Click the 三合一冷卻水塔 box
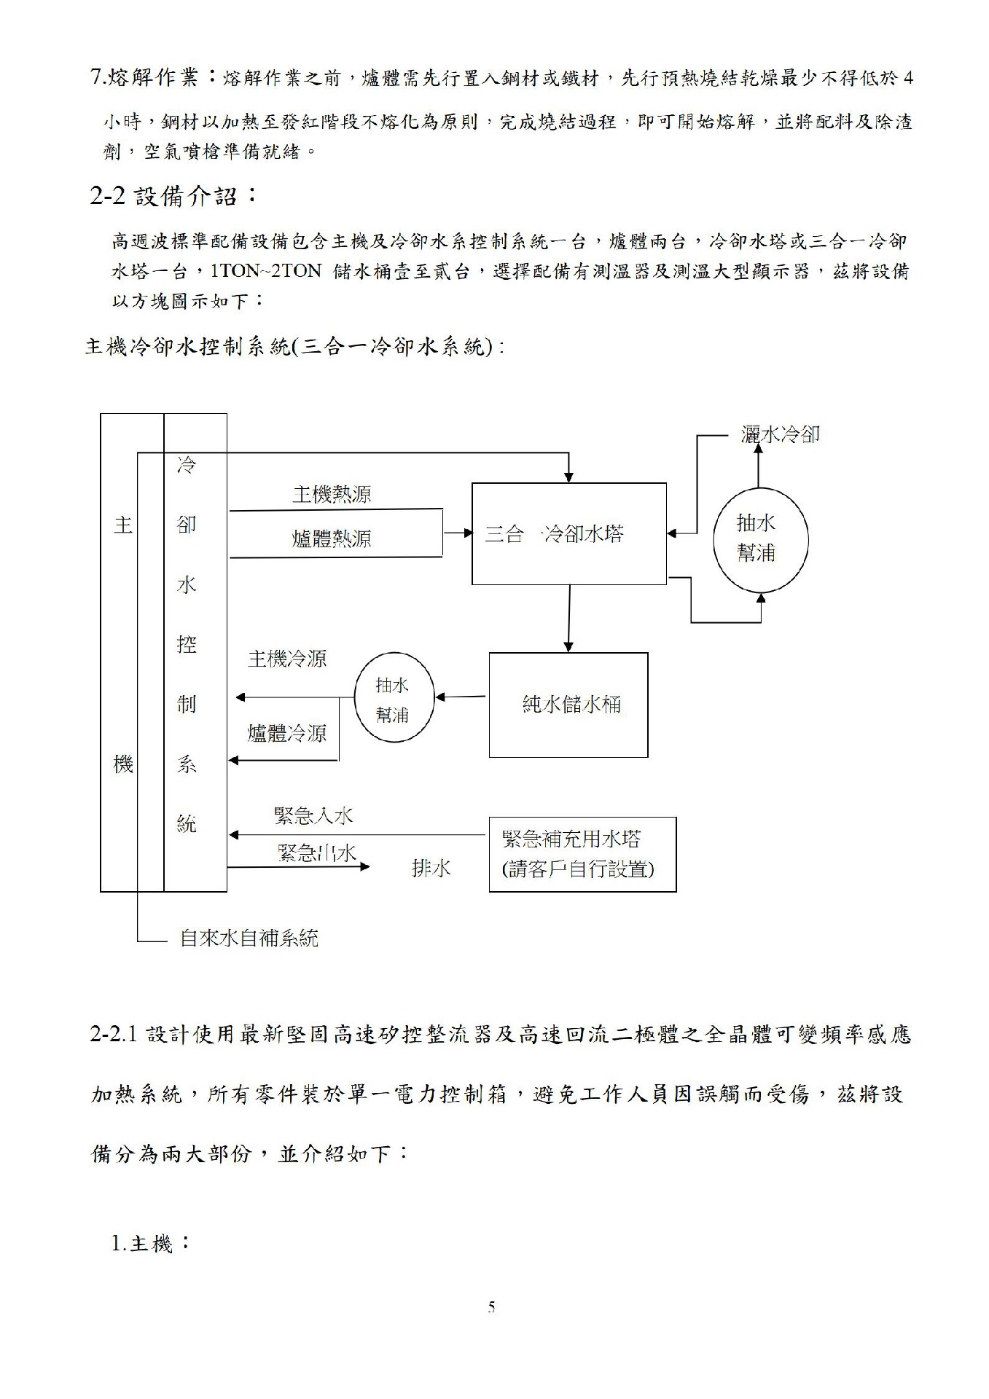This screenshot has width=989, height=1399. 568,533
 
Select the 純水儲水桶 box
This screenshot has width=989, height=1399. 568,705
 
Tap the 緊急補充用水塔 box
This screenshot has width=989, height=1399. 582,854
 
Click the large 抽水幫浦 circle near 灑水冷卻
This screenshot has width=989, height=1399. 760,538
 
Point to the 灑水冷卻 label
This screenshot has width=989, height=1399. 780,435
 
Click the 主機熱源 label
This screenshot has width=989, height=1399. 332,495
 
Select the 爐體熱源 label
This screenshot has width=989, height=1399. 332,538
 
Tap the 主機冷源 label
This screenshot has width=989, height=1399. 287,659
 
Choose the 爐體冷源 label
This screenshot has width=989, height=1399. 287,733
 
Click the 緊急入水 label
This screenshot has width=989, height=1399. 313,815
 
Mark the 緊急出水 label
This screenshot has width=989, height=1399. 317,852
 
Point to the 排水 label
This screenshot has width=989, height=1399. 431,868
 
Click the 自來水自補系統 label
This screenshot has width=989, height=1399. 249,938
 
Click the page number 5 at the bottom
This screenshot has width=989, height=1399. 491,1307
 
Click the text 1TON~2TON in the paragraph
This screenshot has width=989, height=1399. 265,271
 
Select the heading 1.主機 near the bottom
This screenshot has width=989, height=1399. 150,1243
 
